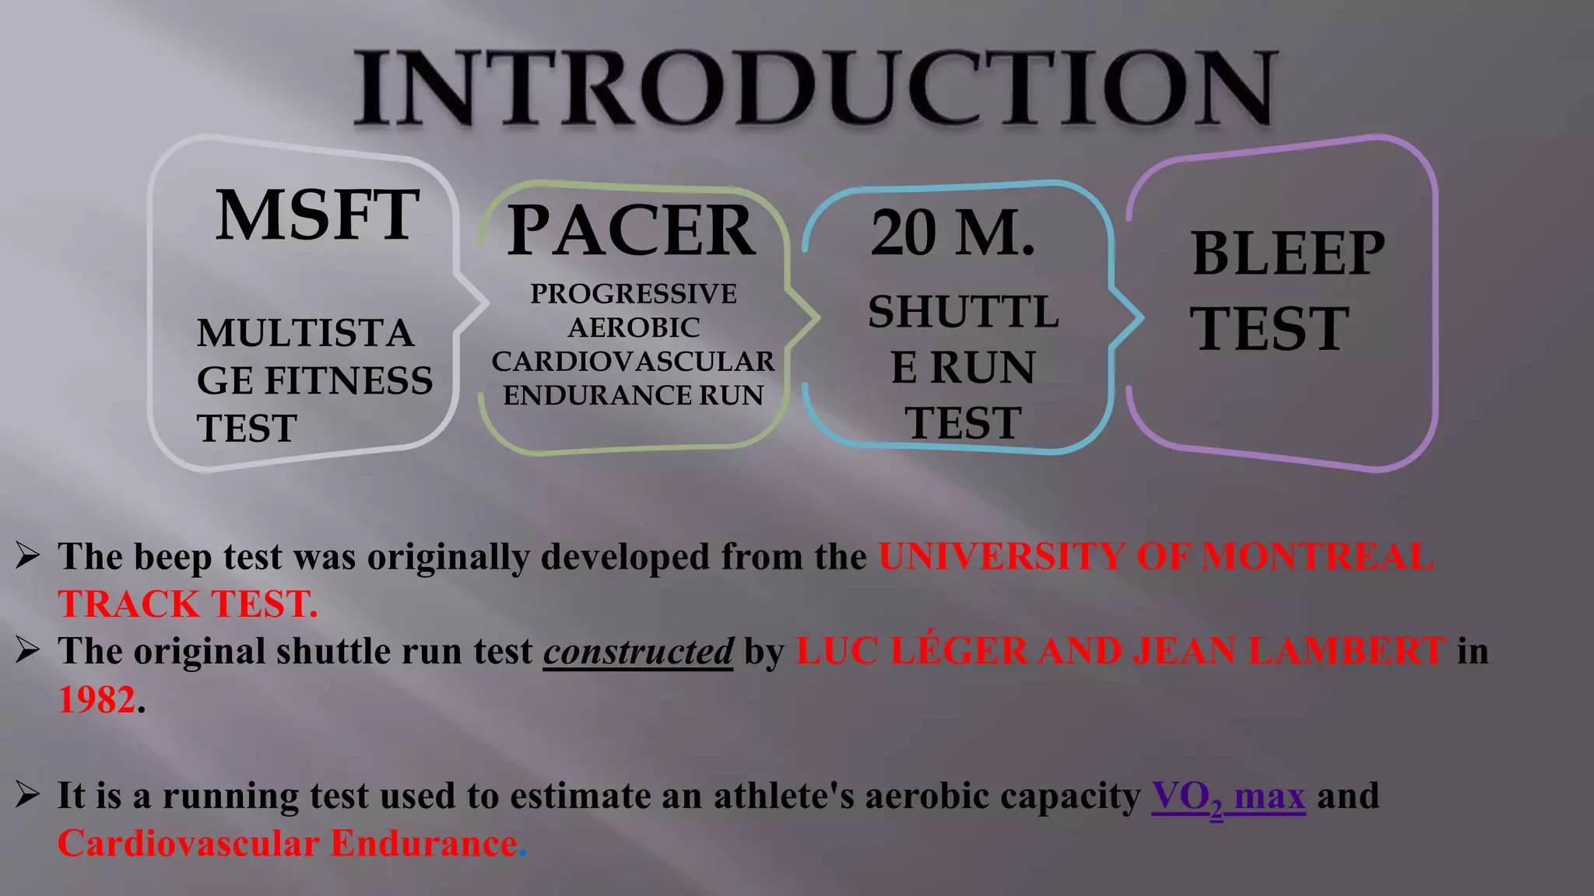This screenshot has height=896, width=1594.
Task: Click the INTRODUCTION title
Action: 815,87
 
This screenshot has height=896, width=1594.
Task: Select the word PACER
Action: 630,230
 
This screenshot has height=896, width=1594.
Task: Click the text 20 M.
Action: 953,233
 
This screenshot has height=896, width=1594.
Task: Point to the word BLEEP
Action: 1288,254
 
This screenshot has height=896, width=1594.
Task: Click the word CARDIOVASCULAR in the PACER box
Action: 633,362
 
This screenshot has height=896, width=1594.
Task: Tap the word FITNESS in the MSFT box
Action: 348,381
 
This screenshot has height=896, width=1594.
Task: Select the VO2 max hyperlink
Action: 1228,796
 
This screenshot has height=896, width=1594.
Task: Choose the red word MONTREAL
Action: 1317,557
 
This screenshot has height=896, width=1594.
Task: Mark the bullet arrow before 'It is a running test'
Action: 28,794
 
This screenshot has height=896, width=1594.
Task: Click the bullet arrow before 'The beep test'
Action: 28,555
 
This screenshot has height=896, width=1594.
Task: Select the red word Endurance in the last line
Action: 424,844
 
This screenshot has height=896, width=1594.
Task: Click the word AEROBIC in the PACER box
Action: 633,328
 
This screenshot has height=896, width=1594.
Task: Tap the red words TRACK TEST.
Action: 188,604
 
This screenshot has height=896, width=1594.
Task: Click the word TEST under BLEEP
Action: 1269,328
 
